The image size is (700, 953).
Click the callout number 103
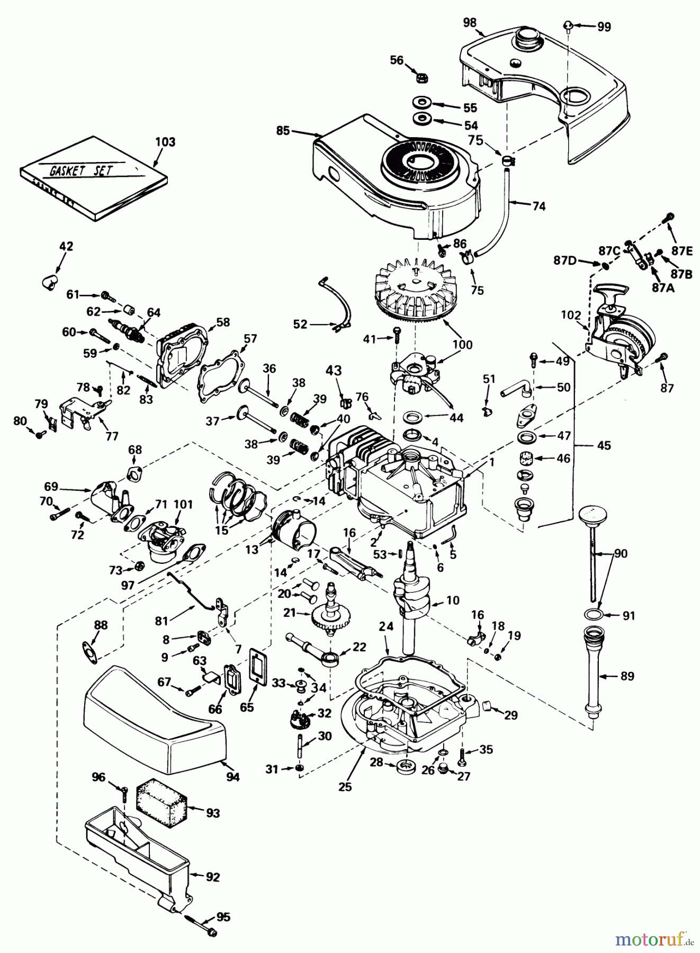coord(165,142)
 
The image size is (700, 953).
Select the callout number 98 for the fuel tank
coord(469,22)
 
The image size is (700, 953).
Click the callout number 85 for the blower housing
coord(283,130)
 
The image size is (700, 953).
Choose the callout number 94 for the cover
coord(232,777)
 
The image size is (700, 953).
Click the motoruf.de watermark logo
coord(652,940)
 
